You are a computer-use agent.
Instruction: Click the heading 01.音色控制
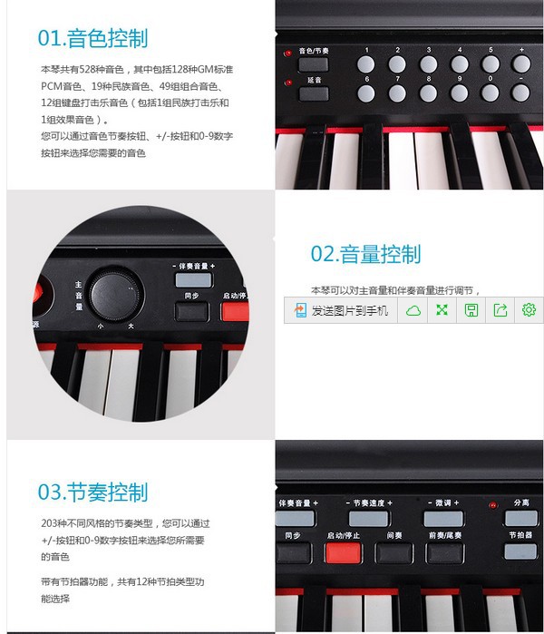click(92, 38)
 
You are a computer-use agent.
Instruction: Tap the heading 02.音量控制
click(365, 254)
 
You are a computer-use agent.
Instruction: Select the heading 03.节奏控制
click(92, 493)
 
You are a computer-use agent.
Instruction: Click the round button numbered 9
click(459, 93)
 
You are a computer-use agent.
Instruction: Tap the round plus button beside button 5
click(521, 64)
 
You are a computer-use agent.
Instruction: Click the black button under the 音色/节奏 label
click(313, 64)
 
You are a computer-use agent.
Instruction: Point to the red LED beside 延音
click(287, 83)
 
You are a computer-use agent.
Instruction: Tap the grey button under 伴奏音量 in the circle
click(192, 280)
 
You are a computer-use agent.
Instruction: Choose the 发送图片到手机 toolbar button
click(341, 310)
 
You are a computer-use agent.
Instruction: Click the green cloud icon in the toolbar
click(413, 310)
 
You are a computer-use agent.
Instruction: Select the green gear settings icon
click(529, 310)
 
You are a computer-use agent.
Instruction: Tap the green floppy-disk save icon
click(471, 310)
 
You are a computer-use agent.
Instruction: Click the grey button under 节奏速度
click(368, 519)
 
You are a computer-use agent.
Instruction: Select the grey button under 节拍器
click(520, 551)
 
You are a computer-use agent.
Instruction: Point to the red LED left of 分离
click(492, 505)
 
